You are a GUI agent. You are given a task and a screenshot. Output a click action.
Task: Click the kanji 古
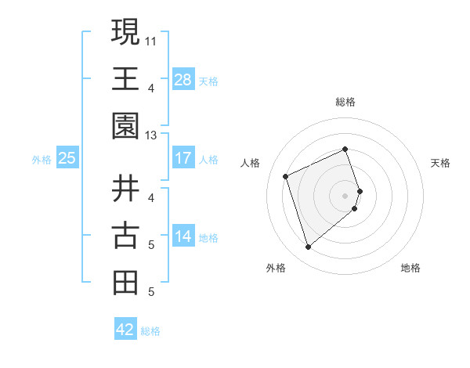pos(126,236)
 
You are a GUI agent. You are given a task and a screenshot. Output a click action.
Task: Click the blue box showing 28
pos(183,80)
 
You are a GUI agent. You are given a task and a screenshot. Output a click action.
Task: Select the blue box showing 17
pos(183,158)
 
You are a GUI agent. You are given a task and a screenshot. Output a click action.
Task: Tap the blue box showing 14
pos(183,236)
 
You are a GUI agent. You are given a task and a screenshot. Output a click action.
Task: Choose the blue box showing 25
pos(67,158)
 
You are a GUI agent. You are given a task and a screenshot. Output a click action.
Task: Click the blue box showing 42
pos(125,330)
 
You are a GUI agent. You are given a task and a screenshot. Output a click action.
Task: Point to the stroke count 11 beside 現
pos(151,39)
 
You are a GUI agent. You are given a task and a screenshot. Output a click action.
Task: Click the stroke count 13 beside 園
pos(151,135)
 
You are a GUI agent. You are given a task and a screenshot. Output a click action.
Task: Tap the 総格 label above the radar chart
pos(345,102)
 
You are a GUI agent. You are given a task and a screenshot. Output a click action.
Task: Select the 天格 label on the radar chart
pos(441,163)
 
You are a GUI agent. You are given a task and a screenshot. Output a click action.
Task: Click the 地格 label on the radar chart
pos(410,268)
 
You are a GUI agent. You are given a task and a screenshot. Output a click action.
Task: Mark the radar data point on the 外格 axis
pos(308,247)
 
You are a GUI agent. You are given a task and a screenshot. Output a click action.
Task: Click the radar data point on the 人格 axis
pos(286,175)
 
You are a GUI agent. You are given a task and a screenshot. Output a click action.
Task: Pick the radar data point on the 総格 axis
pos(345,149)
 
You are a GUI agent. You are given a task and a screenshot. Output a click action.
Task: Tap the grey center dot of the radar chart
pos(345,195)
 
